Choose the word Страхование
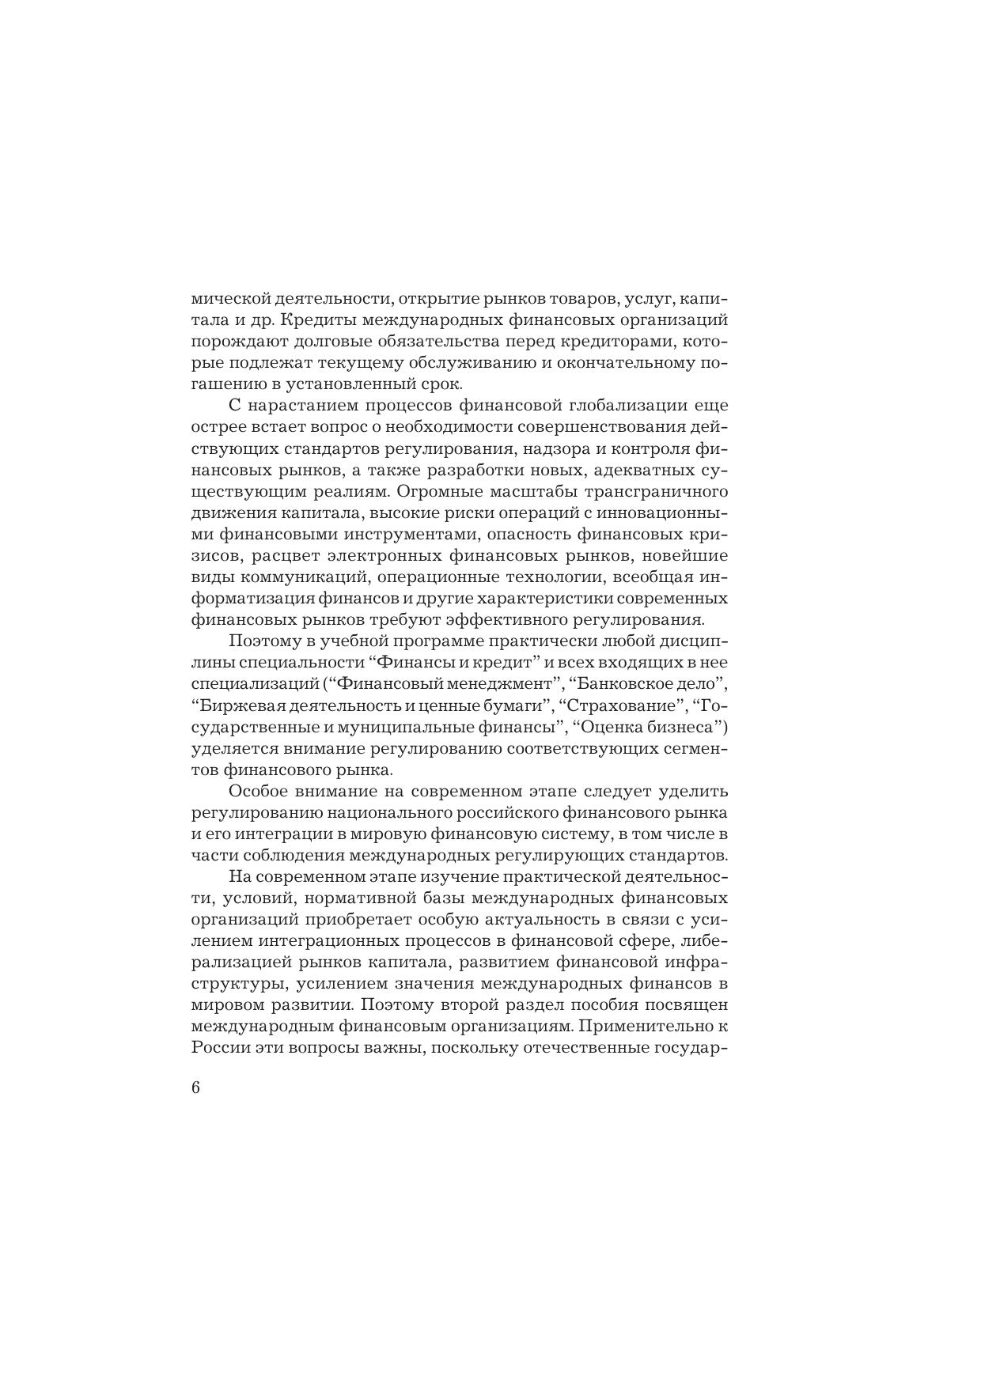point(625,705)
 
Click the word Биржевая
point(229,705)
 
